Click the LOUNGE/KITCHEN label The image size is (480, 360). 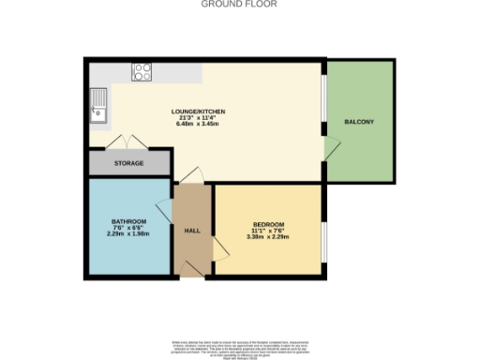198,112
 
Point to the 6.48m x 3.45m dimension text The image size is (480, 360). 198,125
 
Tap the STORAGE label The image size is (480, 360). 129,164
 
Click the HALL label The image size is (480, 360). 191,231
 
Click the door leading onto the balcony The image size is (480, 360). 329,148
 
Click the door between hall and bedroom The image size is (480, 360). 219,247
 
